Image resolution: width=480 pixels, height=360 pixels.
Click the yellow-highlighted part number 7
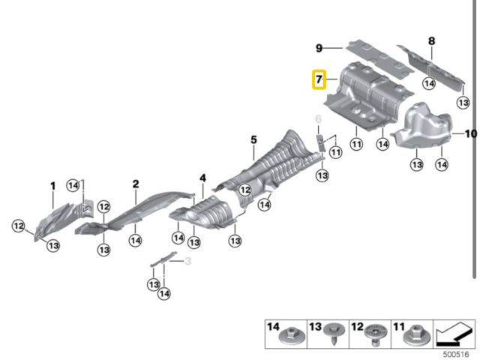coord(319,79)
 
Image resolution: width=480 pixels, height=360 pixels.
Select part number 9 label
coord(319,48)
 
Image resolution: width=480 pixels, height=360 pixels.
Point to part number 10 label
coord(470,134)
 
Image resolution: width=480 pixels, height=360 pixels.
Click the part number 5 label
coord(253,139)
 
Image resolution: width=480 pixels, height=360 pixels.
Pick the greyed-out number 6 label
coord(317,119)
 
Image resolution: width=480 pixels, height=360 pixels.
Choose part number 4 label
coord(202,178)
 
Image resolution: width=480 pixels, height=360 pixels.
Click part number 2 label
coord(136,184)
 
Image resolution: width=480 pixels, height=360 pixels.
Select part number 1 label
coord(52,185)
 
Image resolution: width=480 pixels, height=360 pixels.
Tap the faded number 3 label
coord(188,260)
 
